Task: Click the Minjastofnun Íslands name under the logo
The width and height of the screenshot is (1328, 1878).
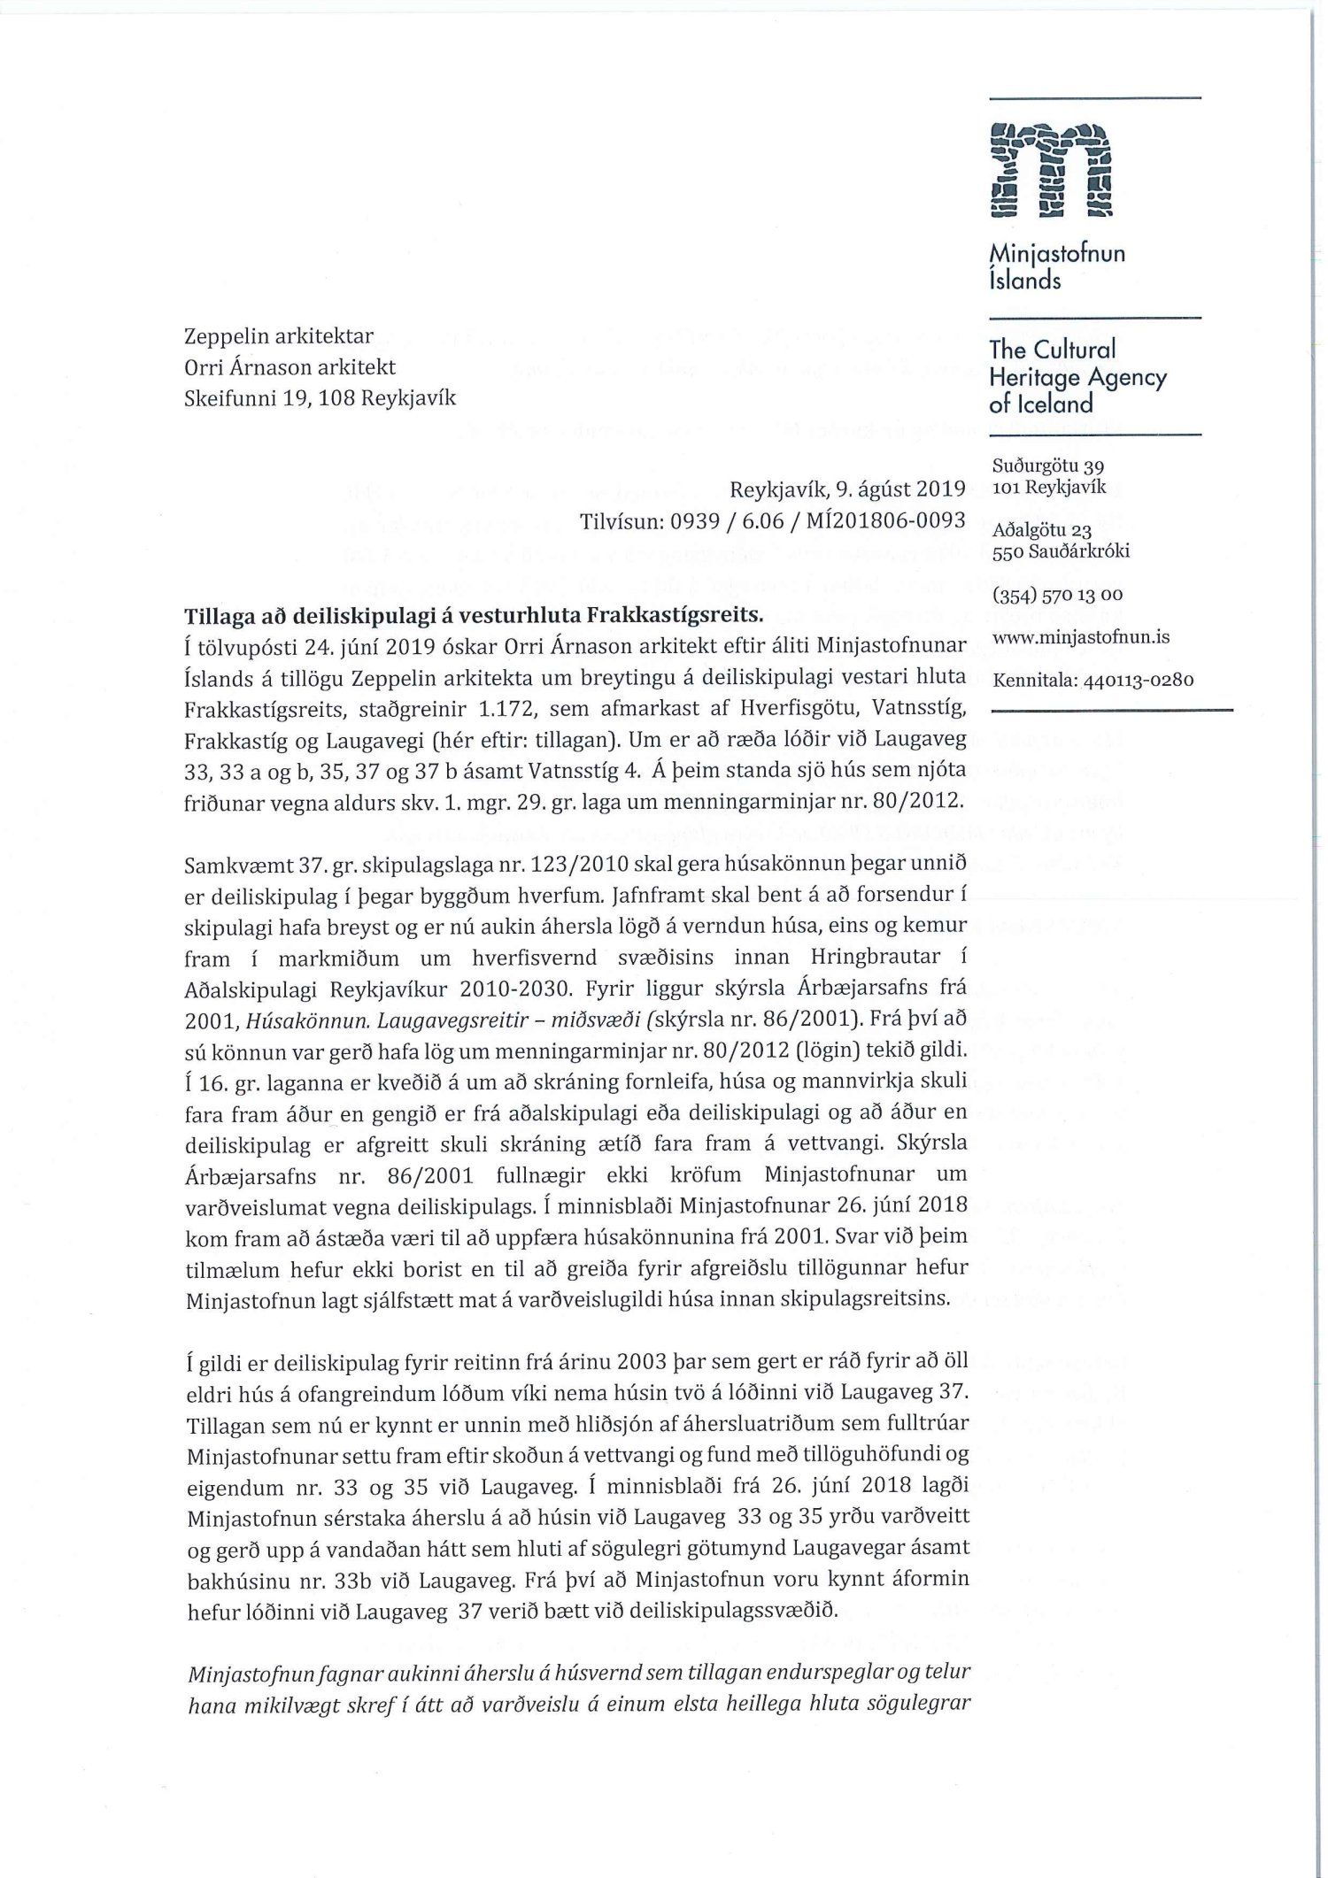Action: coord(1057,266)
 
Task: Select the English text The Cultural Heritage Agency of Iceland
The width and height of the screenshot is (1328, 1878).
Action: coord(1077,376)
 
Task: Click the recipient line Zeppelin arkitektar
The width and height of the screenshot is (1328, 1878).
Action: coord(278,336)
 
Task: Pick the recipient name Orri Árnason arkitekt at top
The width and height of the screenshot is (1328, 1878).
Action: coord(289,366)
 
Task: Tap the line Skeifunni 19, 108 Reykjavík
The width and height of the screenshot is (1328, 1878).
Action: coord(320,397)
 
